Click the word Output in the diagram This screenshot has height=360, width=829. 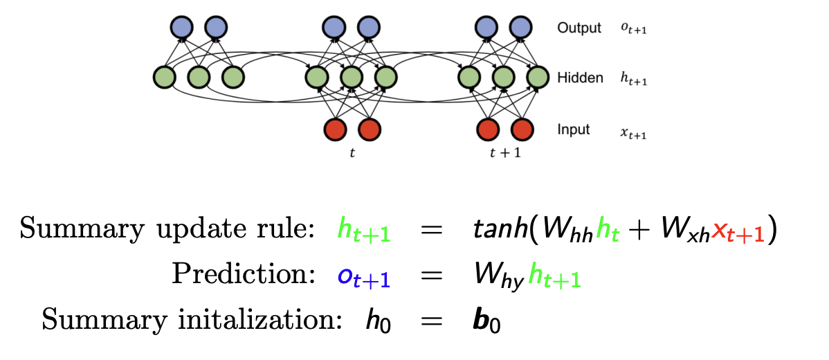579,28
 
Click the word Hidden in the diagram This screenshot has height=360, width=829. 580,78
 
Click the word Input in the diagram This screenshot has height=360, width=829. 574,129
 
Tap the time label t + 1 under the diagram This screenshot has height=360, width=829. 505,153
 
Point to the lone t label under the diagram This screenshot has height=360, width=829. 352,153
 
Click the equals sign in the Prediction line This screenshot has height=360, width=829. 432,275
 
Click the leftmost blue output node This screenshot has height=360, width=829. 182,27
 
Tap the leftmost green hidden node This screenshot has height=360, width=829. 165,77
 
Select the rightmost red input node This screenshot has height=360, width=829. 522,129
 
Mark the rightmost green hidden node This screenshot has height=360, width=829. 537,77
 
